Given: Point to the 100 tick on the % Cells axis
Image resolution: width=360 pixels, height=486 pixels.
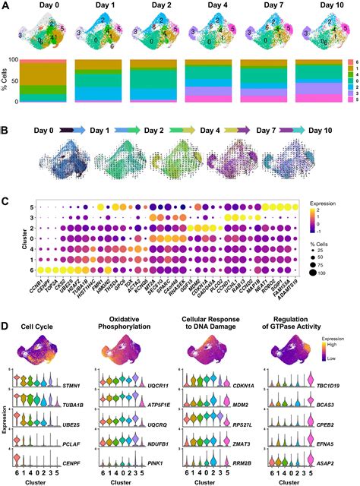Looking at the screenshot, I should pos(17,58).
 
